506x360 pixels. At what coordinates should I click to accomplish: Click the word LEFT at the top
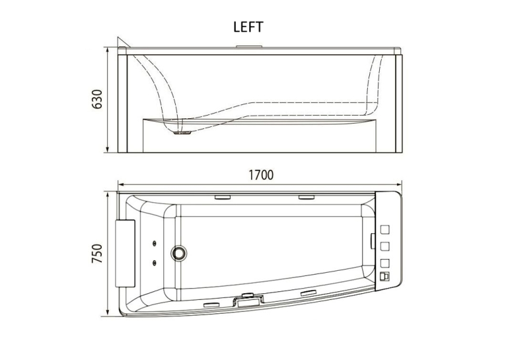tap(248, 27)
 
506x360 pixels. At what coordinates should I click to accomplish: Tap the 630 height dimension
tap(97, 99)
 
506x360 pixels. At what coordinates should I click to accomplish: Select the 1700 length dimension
tap(261, 175)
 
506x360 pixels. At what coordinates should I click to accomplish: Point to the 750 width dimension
tap(97, 254)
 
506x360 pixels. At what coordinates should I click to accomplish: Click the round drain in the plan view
tap(178, 252)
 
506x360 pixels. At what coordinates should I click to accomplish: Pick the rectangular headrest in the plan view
tap(126, 253)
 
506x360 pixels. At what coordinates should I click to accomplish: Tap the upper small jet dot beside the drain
tap(155, 242)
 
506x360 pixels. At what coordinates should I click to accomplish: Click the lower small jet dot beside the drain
tap(155, 262)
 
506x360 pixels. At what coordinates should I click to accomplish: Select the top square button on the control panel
tap(384, 230)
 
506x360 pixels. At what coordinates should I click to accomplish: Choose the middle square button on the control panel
tap(384, 246)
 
